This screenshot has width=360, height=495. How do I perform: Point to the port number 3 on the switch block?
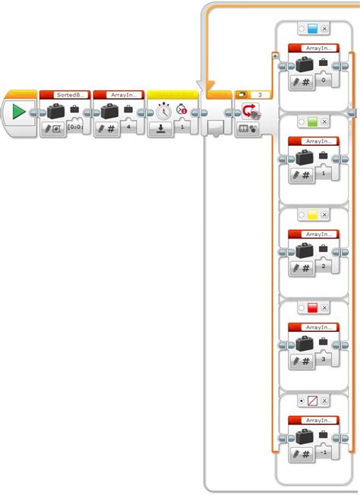click(260, 95)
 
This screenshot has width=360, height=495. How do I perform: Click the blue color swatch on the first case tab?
click(311, 28)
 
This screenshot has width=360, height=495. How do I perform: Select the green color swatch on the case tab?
click(311, 121)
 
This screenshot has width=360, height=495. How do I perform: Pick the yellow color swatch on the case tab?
click(311, 215)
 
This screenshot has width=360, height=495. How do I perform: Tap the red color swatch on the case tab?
click(311, 307)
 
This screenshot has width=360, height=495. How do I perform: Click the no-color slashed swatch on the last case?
click(311, 400)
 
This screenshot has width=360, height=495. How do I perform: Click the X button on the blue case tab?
click(324, 28)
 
